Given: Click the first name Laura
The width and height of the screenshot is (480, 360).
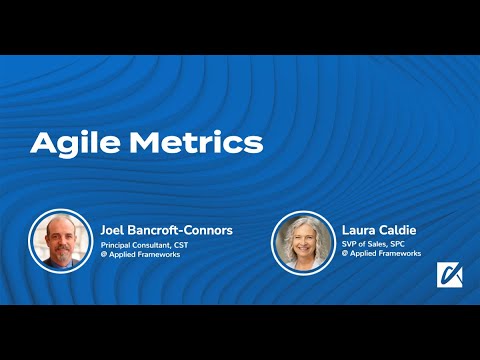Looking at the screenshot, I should point(360,230).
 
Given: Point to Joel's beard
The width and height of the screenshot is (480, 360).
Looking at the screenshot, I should point(62,254).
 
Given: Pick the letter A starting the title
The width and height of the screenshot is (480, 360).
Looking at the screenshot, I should point(42,142).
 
